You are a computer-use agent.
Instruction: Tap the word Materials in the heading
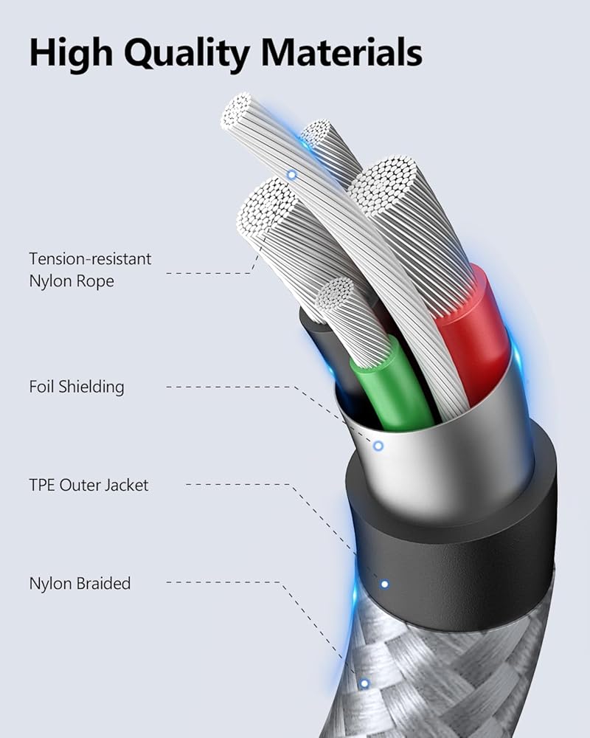(x=341, y=52)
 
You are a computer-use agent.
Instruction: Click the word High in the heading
(x=71, y=53)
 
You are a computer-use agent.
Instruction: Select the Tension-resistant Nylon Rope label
(x=90, y=269)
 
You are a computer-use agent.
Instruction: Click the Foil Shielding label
(x=77, y=387)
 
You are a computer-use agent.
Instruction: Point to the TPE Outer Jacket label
(x=89, y=485)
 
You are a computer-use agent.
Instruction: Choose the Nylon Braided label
(x=80, y=583)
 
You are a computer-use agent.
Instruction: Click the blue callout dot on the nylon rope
(x=292, y=175)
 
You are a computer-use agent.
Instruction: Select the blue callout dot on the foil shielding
(x=378, y=446)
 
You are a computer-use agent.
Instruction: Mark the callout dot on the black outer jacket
(x=385, y=584)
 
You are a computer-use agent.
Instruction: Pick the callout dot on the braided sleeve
(x=364, y=683)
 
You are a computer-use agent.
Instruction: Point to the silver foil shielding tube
(x=437, y=452)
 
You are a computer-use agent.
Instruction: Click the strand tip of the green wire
(x=335, y=292)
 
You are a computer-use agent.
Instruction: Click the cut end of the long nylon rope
(x=236, y=111)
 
